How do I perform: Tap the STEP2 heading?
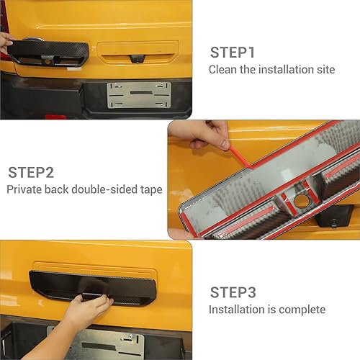[x=32, y=173]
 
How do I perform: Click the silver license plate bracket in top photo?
[x=140, y=94]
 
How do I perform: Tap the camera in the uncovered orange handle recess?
[x=134, y=57]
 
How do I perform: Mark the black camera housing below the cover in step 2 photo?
[x=338, y=215]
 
